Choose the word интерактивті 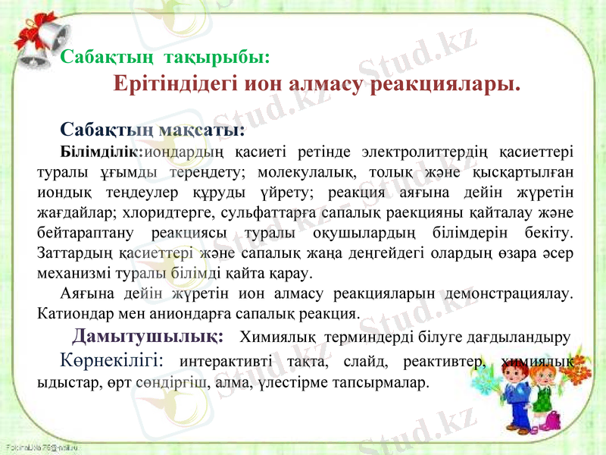(x=231, y=360)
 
